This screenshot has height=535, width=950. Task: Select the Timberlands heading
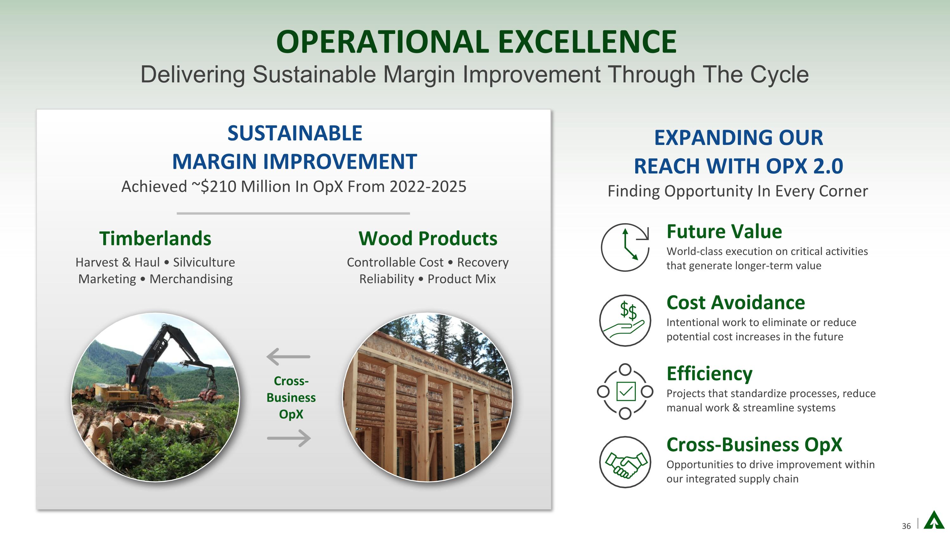tap(155, 238)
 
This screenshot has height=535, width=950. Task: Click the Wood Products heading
tap(428, 238)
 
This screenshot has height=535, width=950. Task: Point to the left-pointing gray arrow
tap(288, 357)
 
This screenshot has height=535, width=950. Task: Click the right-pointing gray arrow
tap(289, 438)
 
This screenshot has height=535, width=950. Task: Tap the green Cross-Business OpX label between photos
tap(291, 398)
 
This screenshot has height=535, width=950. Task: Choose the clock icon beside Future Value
tap(625, 247)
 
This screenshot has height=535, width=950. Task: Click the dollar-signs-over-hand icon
tap(625, 320)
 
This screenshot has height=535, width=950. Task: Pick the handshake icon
tap(625, 462)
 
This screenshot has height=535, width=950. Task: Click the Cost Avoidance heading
tap(736, 303)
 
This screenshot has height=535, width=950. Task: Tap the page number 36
tap(906, 526)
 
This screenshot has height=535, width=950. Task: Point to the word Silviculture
tap(204, 262)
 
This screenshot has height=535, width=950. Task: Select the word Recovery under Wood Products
tap(483, 262)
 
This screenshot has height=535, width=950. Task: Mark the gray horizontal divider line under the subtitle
tap(293, 213)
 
